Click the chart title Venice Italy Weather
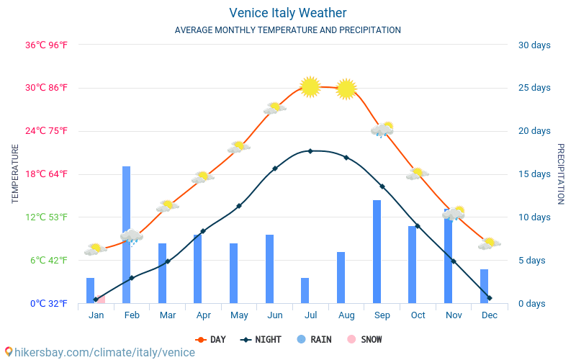tap(288, 13)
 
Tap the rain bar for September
tap(377, 251)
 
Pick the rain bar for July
tap(305, 290)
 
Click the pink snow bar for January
tap(102, 299)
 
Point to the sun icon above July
tap(310, 86)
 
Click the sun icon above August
tap(346, 89)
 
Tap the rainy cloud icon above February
tap(131, 236)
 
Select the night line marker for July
tap(310, 151)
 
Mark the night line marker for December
tap(490, 298)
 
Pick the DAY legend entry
tap(213, 340)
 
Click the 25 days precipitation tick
tap(534, 88)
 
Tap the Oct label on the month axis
tap(418, 315)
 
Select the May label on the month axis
tap(239, 315)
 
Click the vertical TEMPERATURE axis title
tap(15, 174)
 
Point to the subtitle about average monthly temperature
tap(288, 30)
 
